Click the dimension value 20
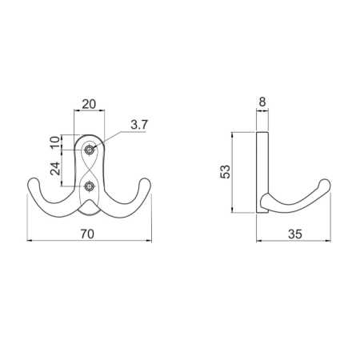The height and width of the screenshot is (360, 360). point(89,104)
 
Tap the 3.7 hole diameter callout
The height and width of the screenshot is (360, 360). point(139,125)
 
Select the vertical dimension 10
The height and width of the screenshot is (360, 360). point(55,142)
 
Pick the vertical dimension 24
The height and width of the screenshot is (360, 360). point(55,168)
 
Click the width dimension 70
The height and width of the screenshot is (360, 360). point(87,234)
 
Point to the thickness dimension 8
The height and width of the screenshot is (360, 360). point(262,102)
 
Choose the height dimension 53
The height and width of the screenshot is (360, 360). point(225,172)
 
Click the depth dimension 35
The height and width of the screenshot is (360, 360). point(295,234)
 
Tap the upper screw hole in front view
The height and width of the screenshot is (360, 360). point(89,150)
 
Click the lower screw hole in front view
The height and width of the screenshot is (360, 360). point(89,186)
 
